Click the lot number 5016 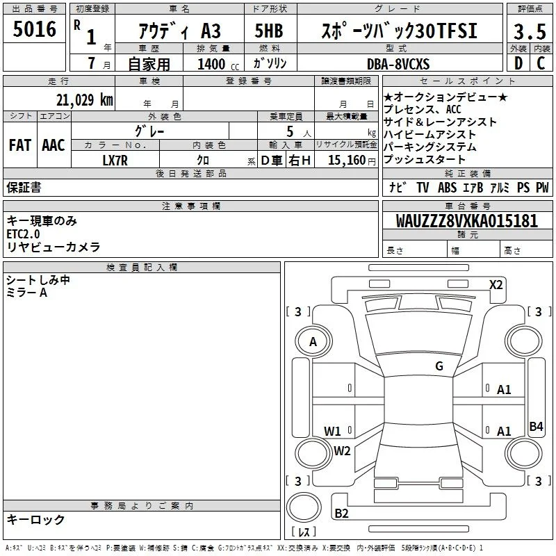34,29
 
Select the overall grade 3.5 530,31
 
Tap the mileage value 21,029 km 84,100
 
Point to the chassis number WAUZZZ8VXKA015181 466,221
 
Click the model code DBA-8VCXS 398,64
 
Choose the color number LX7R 115,161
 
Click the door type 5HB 269,31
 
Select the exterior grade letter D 518,63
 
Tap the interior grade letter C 541,63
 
